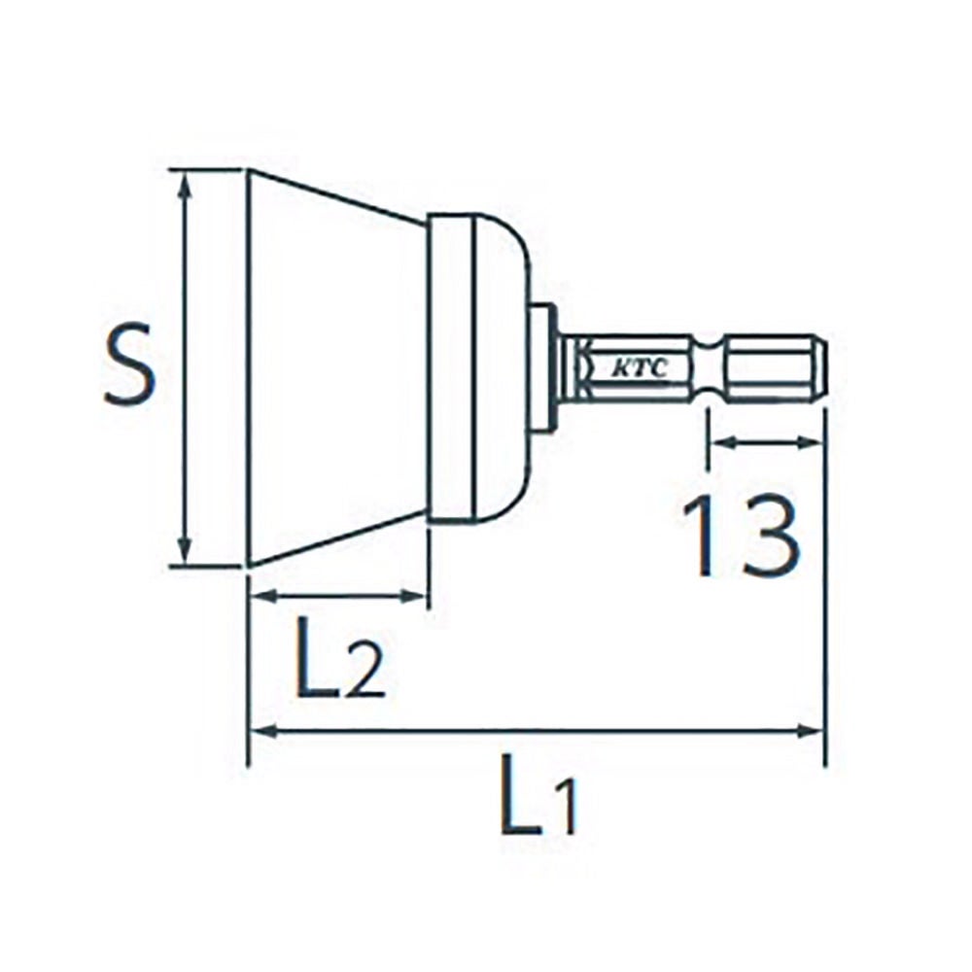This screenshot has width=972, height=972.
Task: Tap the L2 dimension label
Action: pyautogui.click(x=339, y=658)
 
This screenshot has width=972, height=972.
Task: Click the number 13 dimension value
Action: pyautogui.click(x=742, y=537)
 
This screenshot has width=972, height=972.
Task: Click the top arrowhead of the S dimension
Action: pyautogui.click(x=184, y=186)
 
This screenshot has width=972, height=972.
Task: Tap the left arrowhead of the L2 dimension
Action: pyautogui.click(x=262, y=597)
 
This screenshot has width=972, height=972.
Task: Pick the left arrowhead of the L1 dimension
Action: pyautogui.click(x=262, y=732)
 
